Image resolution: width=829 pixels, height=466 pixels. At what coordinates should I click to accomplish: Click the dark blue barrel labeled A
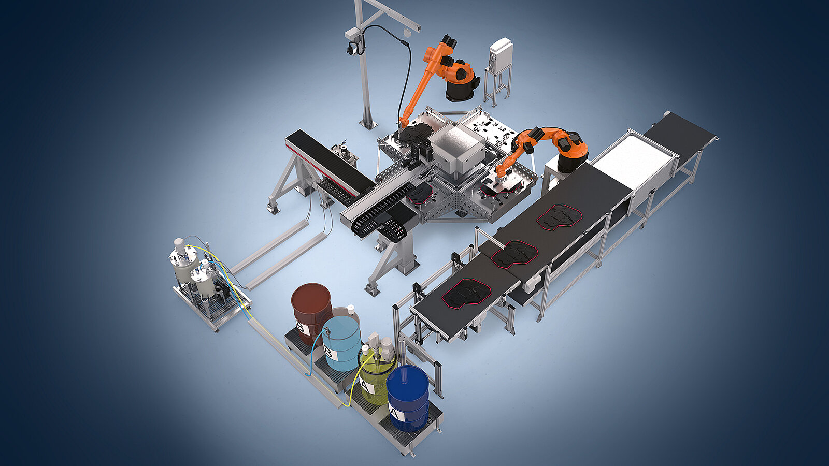coord(407,399)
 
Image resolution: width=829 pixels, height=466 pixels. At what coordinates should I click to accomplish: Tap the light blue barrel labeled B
coord(341,344)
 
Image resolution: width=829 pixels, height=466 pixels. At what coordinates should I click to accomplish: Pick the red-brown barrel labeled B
coord(311,313)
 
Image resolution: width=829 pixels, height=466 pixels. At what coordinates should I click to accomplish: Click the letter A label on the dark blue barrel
coord(395,413)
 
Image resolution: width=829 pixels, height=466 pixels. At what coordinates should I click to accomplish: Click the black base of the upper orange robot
coord(461,89)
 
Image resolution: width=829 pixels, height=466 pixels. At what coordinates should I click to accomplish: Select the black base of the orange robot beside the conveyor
coord(572,162)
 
